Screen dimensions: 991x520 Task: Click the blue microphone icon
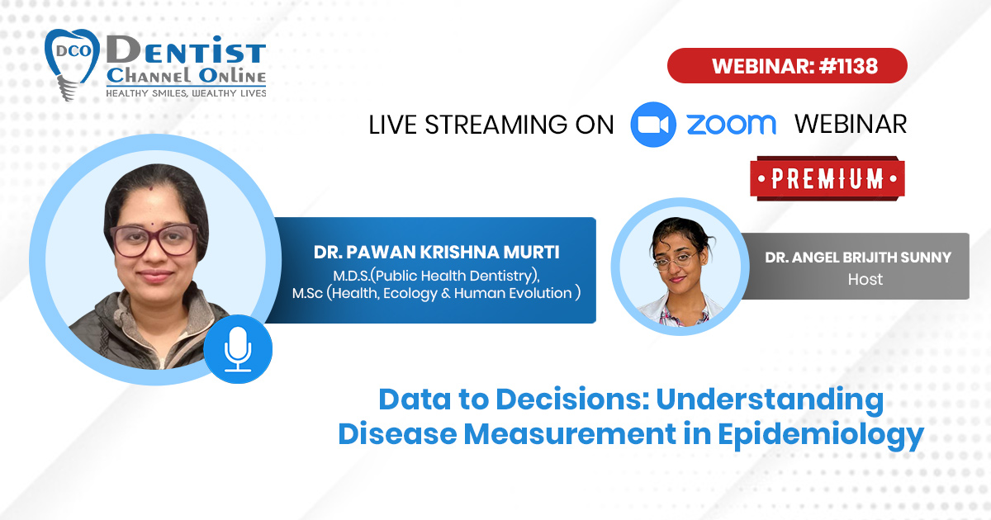[x=238, y=349]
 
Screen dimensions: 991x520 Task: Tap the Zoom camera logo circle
[x=653, y=125]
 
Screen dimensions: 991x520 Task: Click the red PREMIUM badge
[x=827, y=178]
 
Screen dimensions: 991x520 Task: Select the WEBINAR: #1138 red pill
[x=788, y=66]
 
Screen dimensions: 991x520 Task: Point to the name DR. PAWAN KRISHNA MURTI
[x=436, y=252]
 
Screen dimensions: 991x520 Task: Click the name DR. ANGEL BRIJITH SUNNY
[x=858, y=258]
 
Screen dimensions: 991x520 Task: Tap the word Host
[x=865, y=280]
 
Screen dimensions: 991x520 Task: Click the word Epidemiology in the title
[x=821, y=435]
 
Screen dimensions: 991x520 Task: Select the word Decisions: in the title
[x=572, y=399]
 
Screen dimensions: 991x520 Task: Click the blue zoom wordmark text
[x=732, y=125]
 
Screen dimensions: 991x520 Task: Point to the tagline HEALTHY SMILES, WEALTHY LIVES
[x=186, y=92]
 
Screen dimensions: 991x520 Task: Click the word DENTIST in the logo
[x=186, y=50]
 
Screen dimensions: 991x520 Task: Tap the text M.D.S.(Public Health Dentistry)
[x=436, y=276]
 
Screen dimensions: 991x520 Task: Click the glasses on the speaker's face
[x=154, y=240]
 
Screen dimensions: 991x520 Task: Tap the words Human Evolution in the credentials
[x=513, y=293]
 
